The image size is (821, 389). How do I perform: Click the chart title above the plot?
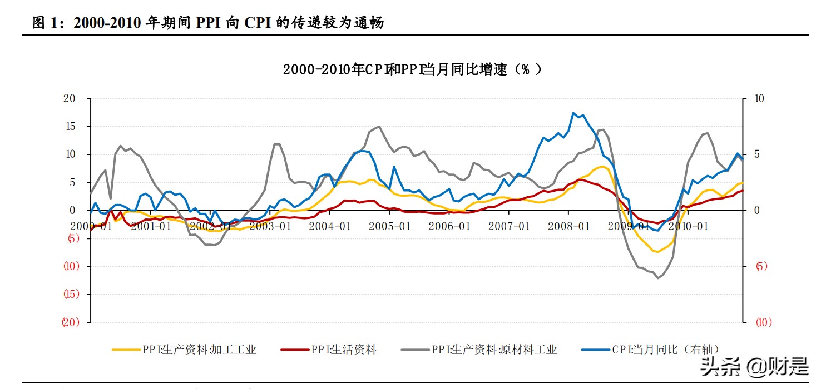pos(412,69)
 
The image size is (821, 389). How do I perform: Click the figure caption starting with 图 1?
pos(208,23)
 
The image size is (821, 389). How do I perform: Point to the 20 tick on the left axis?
pos(69,99)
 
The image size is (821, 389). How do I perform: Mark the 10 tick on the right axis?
pos(759,99)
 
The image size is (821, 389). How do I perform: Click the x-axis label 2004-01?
pos(330,226)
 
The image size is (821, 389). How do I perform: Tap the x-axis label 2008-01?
pos(568,226)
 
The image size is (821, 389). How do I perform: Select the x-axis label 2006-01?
pos(449,226)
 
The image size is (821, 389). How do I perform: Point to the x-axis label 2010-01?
pos(688,226)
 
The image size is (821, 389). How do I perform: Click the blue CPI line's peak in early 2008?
pos(573,113)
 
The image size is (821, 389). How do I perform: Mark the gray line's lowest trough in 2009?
pos(658,277)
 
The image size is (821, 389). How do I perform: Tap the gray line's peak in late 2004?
pos(379,127)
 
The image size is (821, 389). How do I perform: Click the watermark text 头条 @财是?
pos(754,366)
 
